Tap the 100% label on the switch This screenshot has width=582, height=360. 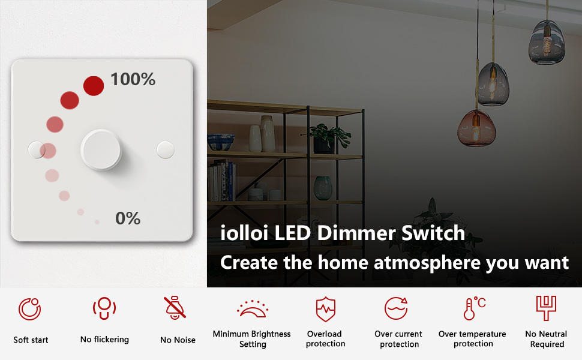tap(133, 79)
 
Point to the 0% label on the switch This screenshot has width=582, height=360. tap(128, 218)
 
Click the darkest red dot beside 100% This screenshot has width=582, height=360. tap(94, 86)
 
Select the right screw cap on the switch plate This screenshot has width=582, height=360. tap(165, 149)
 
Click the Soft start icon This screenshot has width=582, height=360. tap(30, 310)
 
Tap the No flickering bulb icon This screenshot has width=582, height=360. tap(104, 309)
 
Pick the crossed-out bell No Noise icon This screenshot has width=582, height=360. tap(176, 308)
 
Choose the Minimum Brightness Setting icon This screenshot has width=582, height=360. tap(252, 309)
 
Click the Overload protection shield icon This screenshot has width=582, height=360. tap(326, 309)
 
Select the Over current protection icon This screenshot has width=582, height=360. tap(397, 308)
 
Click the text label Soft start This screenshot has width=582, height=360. tap(31, 340)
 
